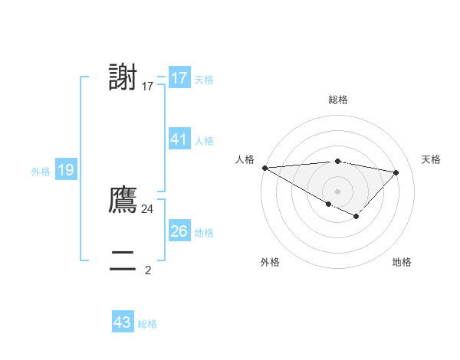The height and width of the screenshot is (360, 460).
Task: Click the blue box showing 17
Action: (x=179, y=78)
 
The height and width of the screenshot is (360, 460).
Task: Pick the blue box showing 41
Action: (x=179, y=139)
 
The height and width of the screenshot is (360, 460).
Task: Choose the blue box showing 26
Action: (x=179, y=231)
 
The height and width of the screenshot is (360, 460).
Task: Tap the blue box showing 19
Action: (x=66, y=170)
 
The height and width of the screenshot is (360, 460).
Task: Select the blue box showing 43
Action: (x=123, y=322)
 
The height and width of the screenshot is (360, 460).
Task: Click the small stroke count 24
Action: (x=147, y=208)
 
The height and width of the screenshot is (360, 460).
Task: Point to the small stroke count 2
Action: (x=148, y=270)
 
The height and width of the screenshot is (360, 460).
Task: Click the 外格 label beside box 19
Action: (x=41, y=172)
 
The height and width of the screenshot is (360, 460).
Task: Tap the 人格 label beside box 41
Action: (x=204, y=141)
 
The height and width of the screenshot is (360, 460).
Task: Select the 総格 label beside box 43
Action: (x=147, y=324)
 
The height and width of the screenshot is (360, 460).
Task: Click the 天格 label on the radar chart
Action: (x=432, y=159)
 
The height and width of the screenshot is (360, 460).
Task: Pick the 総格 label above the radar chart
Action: (x=337, y=100)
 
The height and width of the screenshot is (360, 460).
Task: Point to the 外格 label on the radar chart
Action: (x=270, y=262)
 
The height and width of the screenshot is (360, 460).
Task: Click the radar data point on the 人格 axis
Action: (x=264, y=167)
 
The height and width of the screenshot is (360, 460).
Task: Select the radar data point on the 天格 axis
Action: (x=396, y=172)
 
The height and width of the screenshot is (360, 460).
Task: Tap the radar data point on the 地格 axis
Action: (x=356, y=217)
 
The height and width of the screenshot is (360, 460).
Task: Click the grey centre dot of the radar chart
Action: (x=337, y=191)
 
